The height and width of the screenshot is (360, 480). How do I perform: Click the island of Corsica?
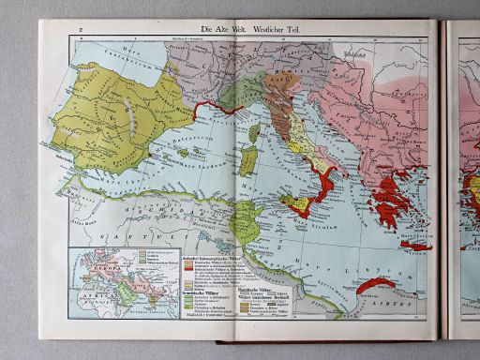[253, 132]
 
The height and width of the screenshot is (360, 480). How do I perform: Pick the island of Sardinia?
[248, 160]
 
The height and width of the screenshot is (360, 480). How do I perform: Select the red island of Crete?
[415, 246]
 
